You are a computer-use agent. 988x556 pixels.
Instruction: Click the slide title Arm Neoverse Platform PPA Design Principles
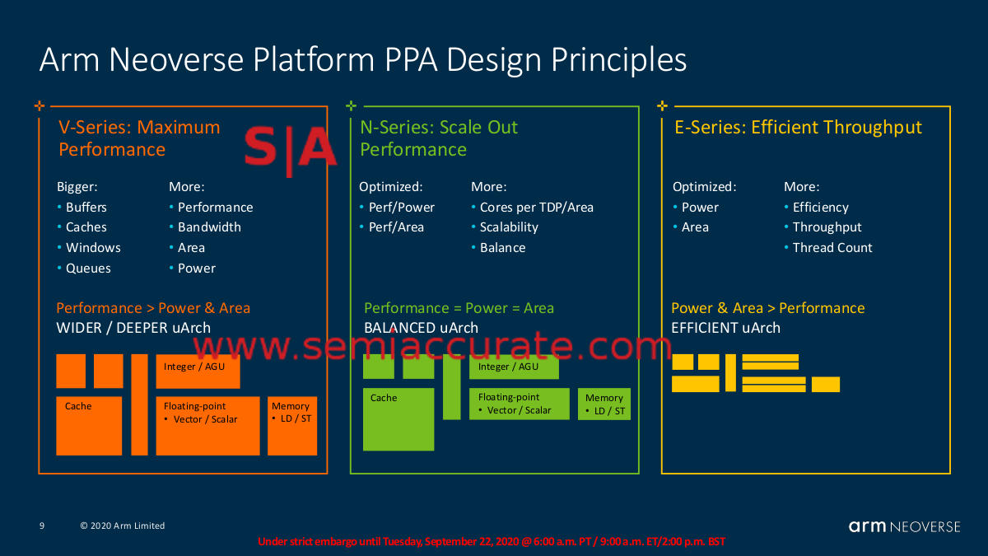[362, 60]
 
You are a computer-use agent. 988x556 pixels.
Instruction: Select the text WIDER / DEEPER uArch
[133, 328]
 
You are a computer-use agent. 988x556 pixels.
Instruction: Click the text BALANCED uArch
[421, 328]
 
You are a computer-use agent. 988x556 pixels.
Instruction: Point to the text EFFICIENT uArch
[725, 328]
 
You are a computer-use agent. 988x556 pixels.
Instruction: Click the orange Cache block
[89, 426]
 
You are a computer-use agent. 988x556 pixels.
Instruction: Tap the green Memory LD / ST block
[604, 404]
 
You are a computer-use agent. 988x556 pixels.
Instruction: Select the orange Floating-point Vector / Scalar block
[207, 426]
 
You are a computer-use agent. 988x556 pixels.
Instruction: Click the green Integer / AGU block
[514, 367]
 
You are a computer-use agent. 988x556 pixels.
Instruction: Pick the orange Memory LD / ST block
[292, 426]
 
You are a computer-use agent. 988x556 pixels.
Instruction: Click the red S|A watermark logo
[290, 150]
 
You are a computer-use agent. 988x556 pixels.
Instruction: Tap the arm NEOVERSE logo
[904, 526]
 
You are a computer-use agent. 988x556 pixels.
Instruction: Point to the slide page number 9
[42, 526]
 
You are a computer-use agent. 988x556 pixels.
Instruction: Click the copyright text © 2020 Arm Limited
[122, 526]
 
